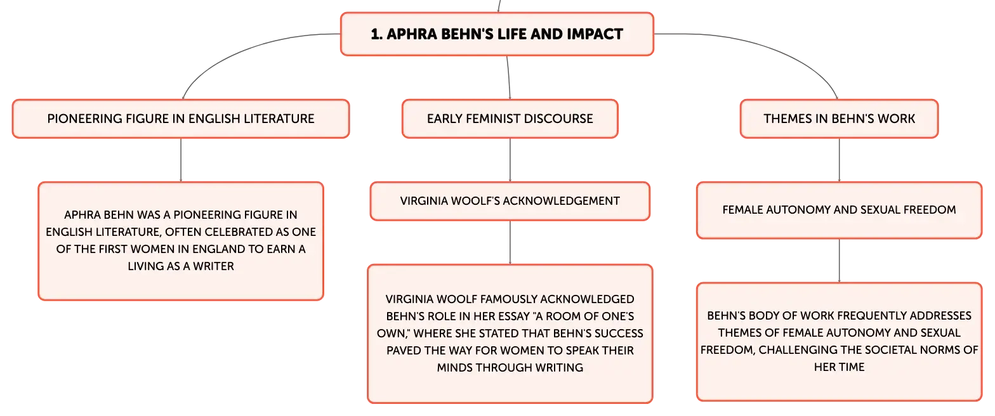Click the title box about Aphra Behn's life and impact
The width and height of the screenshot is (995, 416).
497,34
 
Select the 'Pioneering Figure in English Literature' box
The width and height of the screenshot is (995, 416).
181,119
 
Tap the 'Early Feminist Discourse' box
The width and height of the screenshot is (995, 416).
510,119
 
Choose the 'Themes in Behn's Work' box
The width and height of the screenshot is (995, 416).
839,119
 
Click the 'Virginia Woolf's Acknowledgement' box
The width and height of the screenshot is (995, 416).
510,201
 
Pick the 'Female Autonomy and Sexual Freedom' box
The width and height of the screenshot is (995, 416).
839,210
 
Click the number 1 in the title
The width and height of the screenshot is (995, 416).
376,34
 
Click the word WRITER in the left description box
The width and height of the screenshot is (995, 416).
213,266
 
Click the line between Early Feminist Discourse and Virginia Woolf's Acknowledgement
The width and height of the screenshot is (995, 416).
510,160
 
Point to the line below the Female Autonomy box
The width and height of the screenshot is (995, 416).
839,261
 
